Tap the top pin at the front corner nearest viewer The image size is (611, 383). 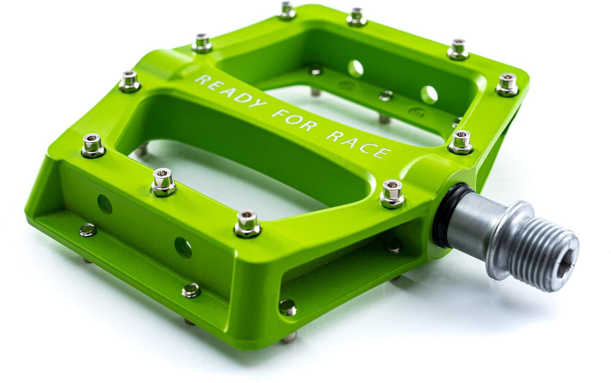click(246, 221)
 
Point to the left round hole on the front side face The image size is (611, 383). click(104, 201)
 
